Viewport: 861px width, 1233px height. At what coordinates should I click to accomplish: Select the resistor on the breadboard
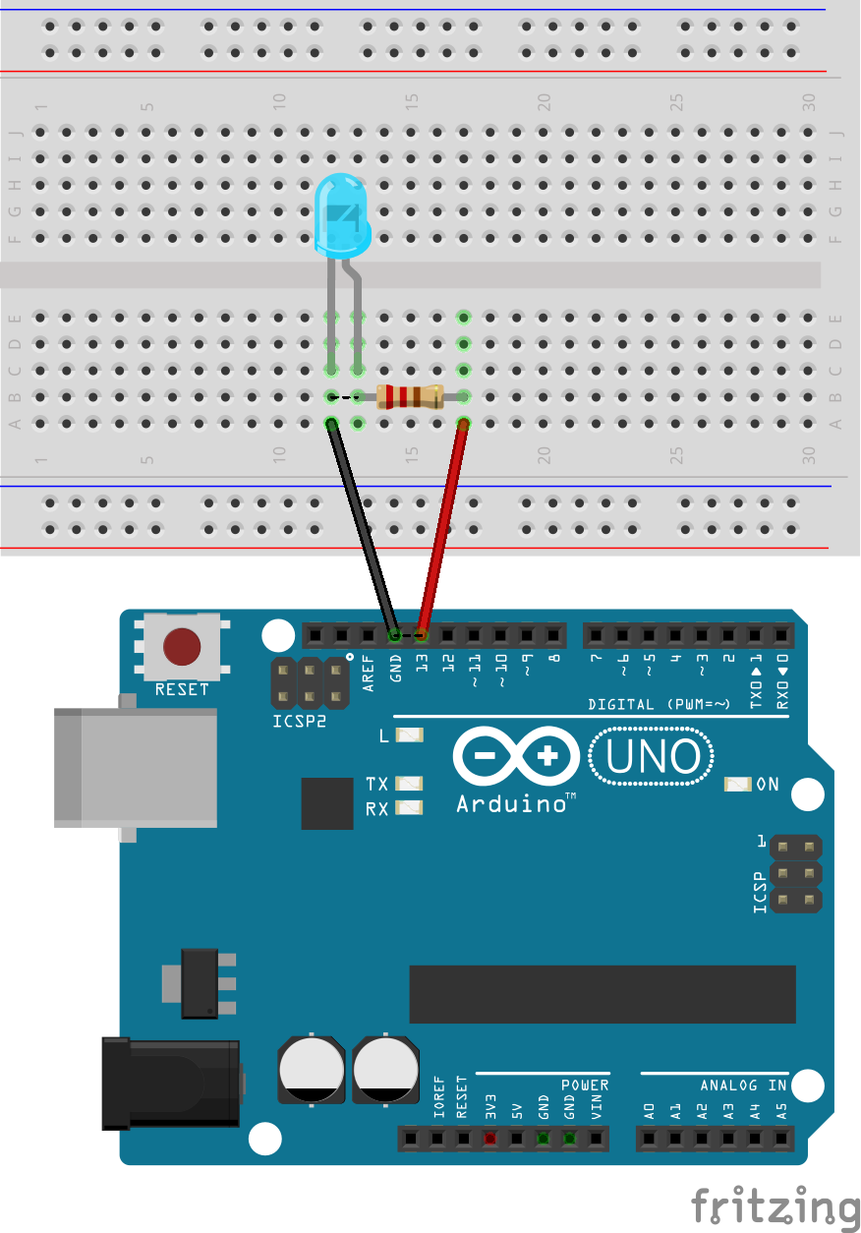[409, 396]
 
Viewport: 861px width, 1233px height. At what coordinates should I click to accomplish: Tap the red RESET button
[182, 647]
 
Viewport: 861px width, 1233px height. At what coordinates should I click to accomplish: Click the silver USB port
[136, 767]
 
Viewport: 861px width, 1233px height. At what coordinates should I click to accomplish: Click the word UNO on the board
[653, 757]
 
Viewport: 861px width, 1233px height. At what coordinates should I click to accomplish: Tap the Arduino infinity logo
[515, 757]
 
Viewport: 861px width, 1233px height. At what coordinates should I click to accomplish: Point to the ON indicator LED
[737, 784]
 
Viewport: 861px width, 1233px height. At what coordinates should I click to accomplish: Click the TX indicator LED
[409, 784]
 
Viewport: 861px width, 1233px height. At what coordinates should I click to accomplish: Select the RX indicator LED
[409, 808]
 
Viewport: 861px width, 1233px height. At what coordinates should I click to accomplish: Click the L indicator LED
[409, 734]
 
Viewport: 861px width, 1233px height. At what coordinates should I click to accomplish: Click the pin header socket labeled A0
[649, 1139]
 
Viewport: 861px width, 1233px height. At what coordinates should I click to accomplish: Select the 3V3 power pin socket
[489, 1139]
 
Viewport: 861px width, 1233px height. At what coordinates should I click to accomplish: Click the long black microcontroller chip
[602, 993]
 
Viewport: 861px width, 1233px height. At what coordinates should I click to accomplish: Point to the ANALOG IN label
[743, 1086]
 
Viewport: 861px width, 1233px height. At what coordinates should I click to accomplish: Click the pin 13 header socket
[422, 634]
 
